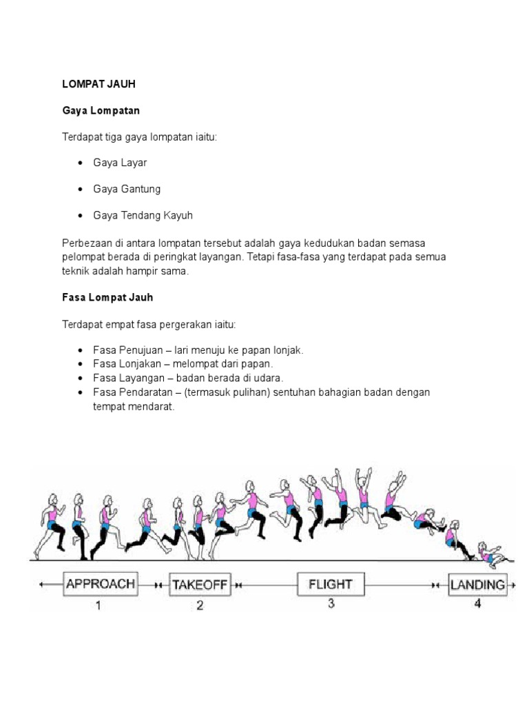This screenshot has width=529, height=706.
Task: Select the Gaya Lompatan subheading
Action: click(101, 110)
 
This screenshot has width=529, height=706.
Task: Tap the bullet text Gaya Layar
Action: click(121, 163)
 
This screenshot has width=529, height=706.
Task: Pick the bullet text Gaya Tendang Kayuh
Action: click(143, 215)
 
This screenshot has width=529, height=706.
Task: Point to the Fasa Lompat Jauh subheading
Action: click(107, 298)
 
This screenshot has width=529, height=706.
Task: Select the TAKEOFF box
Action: click(200, 585)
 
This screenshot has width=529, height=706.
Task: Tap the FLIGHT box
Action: click(331, 584)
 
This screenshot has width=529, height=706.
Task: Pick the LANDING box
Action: click(477, 585)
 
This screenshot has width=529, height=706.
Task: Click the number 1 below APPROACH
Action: click(98, 606)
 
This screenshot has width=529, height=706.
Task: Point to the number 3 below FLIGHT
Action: click(331, 605)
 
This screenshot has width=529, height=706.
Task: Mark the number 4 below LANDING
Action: click(477, 605)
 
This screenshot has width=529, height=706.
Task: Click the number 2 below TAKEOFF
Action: click(200, 607)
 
